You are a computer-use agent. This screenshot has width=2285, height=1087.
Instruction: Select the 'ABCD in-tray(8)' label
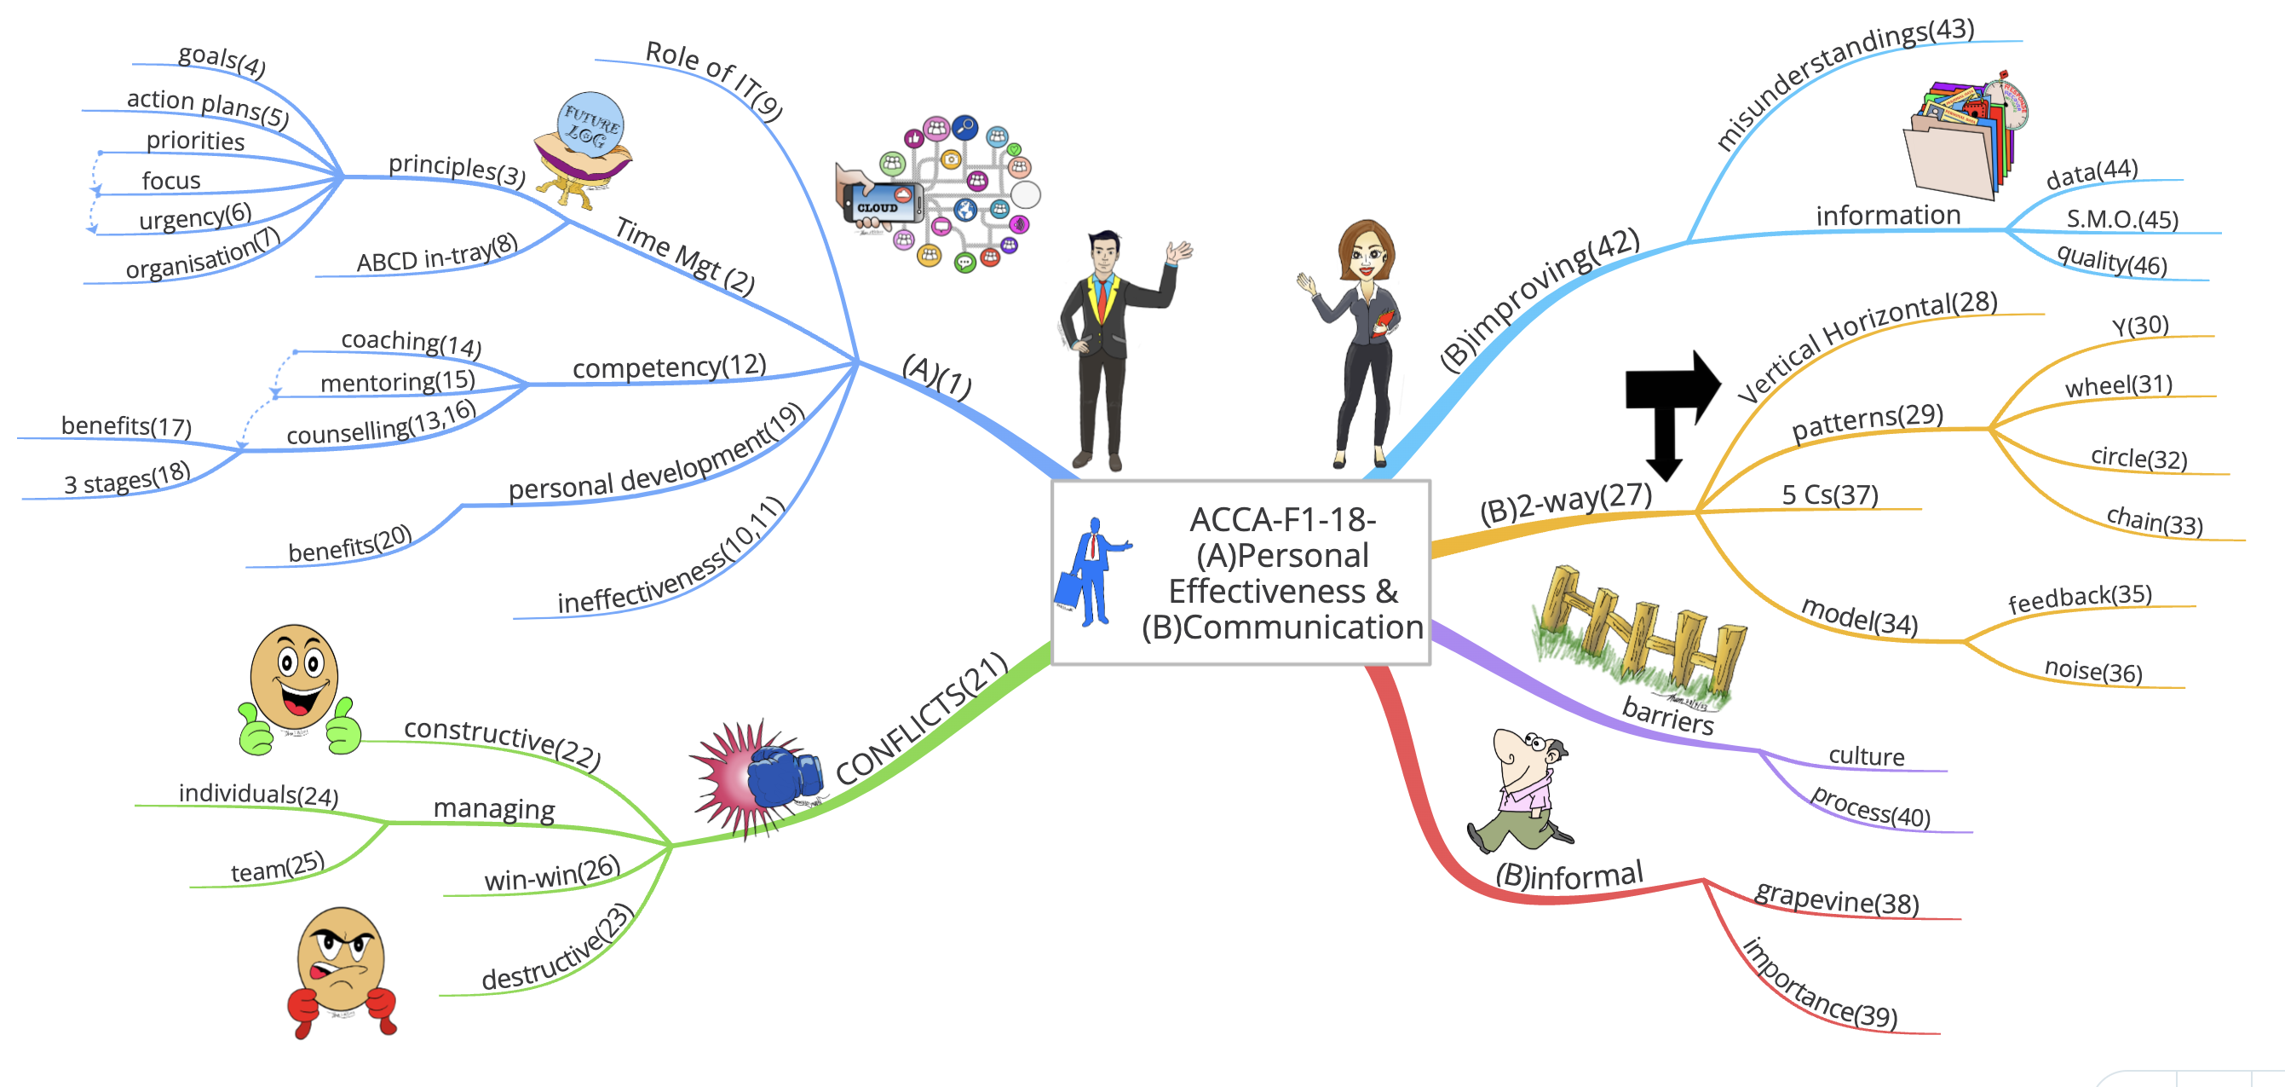point(436,254)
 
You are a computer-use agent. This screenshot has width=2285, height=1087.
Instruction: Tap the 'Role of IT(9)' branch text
point(714,79)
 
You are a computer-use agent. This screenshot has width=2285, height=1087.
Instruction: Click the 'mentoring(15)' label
point(397,382)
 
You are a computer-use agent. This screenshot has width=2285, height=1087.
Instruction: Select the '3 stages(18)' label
point(127,479)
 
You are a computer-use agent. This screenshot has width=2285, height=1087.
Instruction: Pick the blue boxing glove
point(780,774)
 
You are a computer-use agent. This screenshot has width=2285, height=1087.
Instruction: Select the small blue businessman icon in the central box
point(1093,572)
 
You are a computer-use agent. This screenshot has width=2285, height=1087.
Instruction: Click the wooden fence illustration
point(1641,634)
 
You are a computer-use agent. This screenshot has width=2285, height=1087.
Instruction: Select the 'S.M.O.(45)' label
point(2121,218)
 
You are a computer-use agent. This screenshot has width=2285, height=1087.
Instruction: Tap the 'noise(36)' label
point(2092,670)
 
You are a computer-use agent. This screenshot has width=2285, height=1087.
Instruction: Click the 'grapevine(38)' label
point(1836,898)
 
